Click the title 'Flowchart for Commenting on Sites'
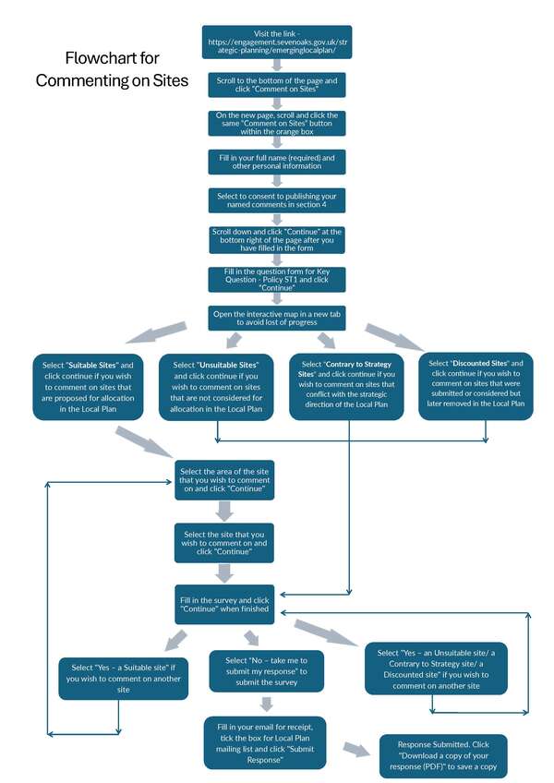(112, 69)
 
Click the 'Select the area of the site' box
(224, 480)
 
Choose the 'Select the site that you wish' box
(224, 543)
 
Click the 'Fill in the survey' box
(224, 606)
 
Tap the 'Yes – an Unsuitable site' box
(435, 669)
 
